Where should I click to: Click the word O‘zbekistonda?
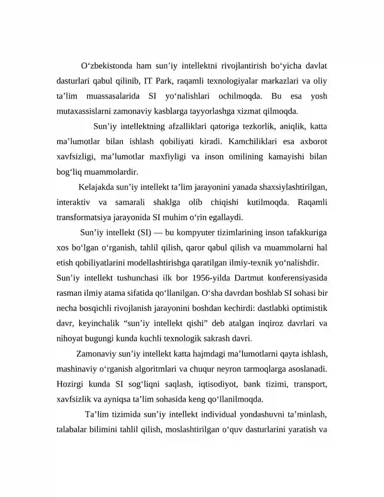pos(104,65)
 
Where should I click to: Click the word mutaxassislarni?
pos(85,111)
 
